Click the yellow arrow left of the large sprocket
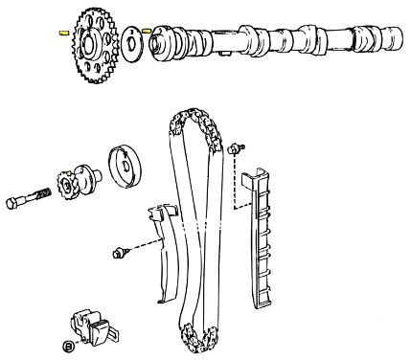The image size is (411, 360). pos(64,33)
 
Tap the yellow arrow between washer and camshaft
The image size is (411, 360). pos(147,31)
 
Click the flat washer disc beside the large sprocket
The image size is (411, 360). pos(132,44)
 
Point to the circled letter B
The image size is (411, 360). pos(68,346)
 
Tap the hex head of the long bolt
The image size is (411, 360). pos(12,203)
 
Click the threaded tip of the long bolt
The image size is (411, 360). pos(45,192)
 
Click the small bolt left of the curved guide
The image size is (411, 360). pos(121,253)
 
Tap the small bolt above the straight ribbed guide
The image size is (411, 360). pos(236,148)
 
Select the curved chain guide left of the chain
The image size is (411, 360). pos(165,252)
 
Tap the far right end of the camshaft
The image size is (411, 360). pos(394,37)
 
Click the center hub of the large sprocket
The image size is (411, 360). pos(88,44)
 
